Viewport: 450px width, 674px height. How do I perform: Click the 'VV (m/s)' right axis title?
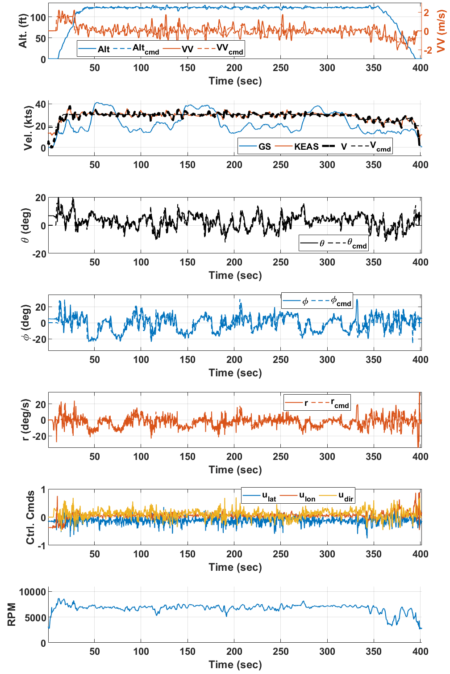(441, 31)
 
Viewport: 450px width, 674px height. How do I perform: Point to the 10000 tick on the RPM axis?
(33, 592)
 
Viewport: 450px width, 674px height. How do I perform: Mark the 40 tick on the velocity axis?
(41, 104)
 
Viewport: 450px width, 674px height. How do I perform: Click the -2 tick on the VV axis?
(428, 50)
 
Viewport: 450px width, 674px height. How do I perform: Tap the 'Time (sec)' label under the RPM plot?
(235, 665)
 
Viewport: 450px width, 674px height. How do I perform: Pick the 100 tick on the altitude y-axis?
(38, 17)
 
